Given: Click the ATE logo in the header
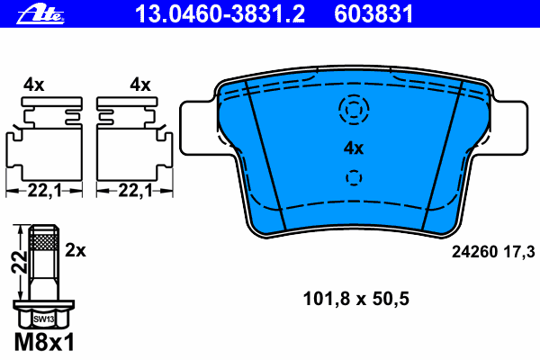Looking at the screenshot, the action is (40, 13).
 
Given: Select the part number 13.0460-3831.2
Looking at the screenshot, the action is (220, 13).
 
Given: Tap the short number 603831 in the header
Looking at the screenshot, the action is (373, 13).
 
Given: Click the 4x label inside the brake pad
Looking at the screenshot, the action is (354, 148).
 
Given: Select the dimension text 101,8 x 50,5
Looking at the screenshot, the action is (355, 299).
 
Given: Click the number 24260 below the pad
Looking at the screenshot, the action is (474, 252).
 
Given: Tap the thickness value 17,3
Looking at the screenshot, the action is (519, 252).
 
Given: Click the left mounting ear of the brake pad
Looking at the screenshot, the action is (198, 128).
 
